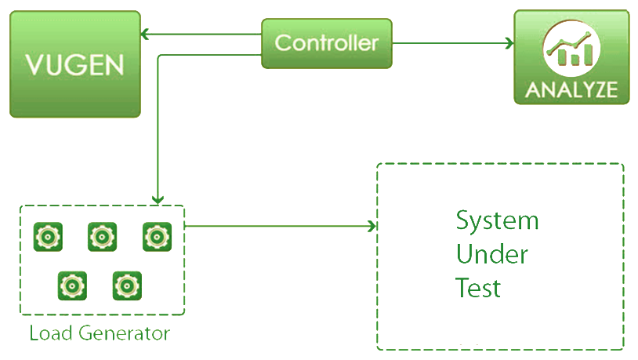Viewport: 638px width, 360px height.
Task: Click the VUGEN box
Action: click(74, 64)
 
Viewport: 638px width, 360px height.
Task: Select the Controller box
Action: click(326, 43)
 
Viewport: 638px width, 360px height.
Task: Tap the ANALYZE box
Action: click(571, 57)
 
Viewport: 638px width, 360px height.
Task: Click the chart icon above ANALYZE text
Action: click(571, 49)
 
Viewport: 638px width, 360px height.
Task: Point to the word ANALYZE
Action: click(571, 89)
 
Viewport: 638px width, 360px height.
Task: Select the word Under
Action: click(492, 255)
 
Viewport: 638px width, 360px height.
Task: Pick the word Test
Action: click(478, 288)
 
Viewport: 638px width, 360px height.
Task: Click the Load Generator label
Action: click(100, 333)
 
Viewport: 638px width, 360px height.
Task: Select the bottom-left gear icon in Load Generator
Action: click(72, 285)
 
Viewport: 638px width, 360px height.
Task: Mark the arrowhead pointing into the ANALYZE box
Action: click(509, 43)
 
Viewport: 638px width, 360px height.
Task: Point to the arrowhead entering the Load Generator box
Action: click(158, 200)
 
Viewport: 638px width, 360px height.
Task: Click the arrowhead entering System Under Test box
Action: click(372, 227)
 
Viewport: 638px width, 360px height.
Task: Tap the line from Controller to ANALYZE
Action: click(451, 43)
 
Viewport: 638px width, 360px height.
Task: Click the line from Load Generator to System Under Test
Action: click(278, 227)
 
